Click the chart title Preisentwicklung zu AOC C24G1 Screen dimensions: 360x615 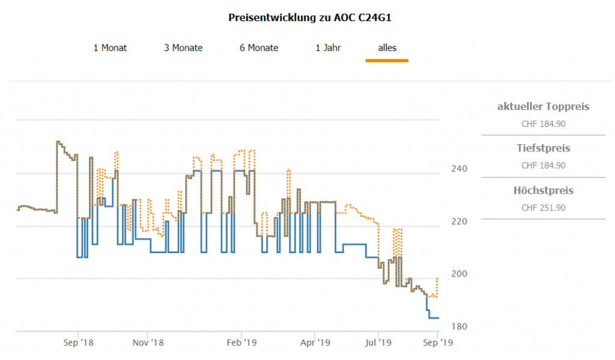click(x=310, y=17)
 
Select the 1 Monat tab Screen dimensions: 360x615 click(x=110, y=47)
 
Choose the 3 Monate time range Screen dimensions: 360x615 click(x=183, y=47)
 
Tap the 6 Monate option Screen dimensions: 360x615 click(x=259, y=47)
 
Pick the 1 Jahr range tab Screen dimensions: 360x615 click(x=328, y=47)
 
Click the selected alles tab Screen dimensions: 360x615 click(x=387, y=47)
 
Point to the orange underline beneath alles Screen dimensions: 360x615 click(x=387, y=60)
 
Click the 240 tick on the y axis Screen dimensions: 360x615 click(x=459, y=169)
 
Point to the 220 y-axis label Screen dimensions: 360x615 click(x=459, y=221)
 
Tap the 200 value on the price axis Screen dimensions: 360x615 click(x=459, y=274)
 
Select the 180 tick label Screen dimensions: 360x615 click(x=459, y=326)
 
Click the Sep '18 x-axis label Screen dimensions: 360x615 click(x=78, y=342)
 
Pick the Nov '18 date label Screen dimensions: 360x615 click(x=148, y=342)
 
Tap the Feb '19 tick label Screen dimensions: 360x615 click(x=241, y=342)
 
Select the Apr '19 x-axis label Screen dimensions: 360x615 click(x=315, y=342)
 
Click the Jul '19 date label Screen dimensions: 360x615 click(x=378, y=342)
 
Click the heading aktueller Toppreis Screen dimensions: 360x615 click(x=543, y=107)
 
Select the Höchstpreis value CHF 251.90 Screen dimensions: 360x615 click(x=543, y=208)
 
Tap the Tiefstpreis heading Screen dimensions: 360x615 click(x=543, y=148)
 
